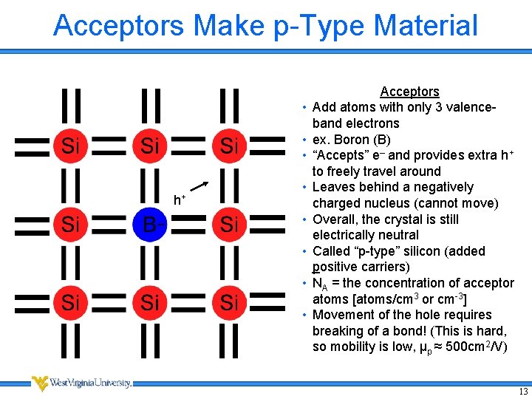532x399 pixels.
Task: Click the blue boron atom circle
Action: coord(150,224)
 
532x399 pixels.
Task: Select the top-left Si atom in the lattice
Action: coord(70,146)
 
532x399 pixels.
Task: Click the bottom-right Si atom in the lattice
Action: coord(229,302)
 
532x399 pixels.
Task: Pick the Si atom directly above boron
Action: coord(150,146)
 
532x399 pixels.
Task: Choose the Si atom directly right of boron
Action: coord(229,224)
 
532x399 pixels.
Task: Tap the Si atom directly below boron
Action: coord(150,302)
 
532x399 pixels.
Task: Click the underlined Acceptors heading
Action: coord(409,92)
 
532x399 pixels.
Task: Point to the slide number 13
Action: coord(523,391)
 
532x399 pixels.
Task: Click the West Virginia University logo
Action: coord(81,383)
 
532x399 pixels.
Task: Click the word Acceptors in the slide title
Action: coord(118,25)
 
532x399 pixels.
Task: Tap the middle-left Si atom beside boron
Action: coord(70,224)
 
